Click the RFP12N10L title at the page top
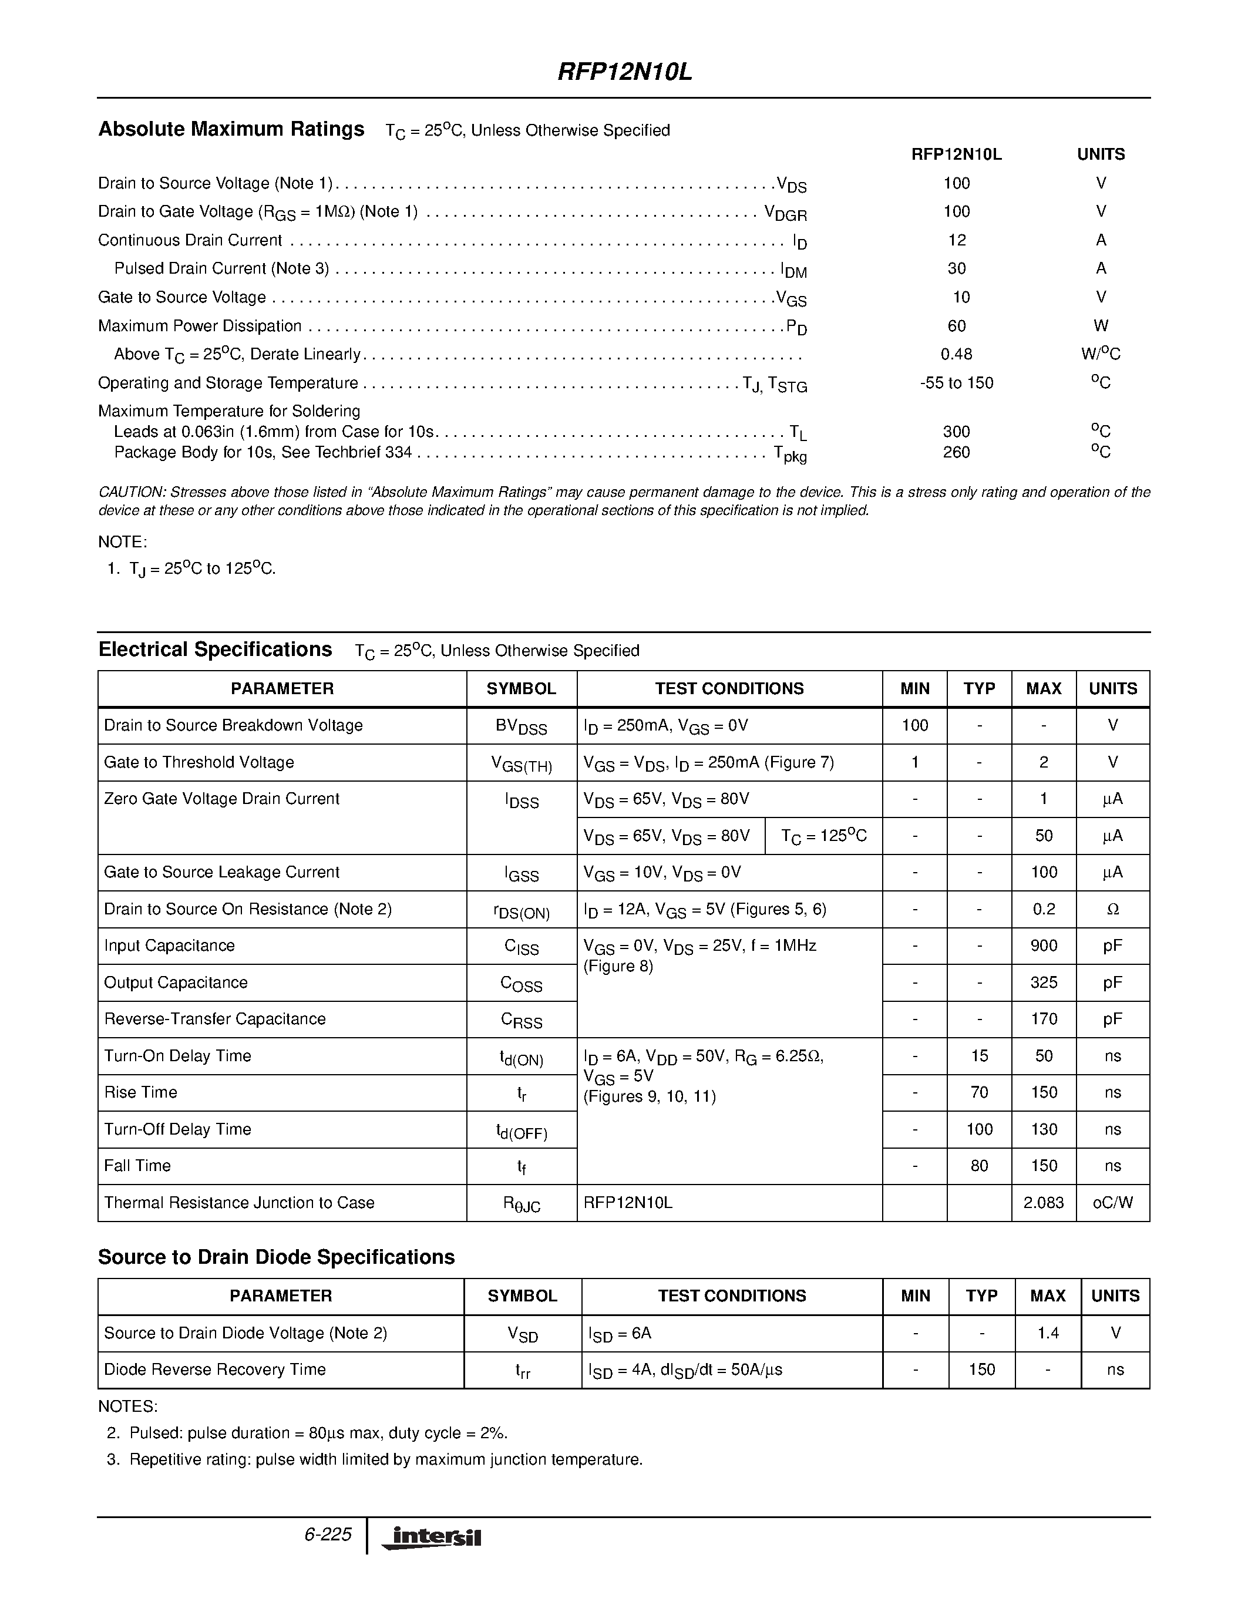[624, 72]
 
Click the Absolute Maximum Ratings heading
[231, 129]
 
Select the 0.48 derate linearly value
[956, 354]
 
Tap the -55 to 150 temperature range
[956, 383]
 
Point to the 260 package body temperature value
[956, 452]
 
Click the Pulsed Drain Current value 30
[956, 268]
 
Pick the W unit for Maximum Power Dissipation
[1100, 325]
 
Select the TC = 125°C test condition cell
[823, 836]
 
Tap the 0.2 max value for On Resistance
[1043, 909]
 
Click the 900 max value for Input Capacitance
[1043, 946]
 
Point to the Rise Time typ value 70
[979, 1092]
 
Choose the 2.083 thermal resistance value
[1043, 1202]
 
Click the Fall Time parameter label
[137, 1165]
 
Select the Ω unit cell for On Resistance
[1113, 910]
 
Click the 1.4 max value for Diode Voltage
[1048, 1333]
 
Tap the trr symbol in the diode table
[523, 1370]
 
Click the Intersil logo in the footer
[432, 1537]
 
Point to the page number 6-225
[328, 1535]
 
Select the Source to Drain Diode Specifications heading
[277, 1257]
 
